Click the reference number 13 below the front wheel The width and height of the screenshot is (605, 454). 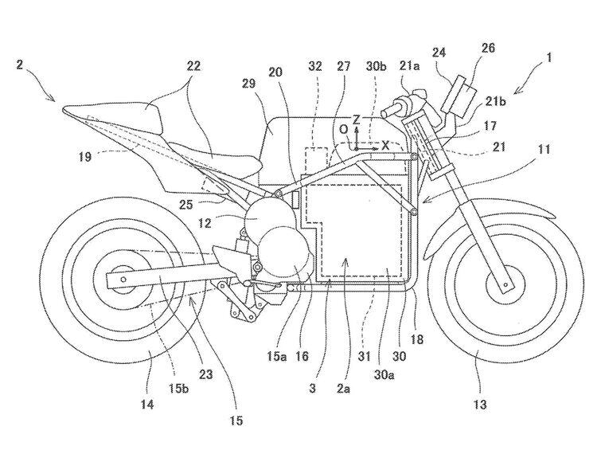479,405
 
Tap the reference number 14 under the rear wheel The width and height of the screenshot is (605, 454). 147,404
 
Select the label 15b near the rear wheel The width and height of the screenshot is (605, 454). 178,388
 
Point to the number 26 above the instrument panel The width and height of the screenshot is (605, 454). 488,49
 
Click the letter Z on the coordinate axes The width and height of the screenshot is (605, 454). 356,119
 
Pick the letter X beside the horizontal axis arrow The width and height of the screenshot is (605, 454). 385,145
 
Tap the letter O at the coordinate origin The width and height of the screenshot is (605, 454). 344,130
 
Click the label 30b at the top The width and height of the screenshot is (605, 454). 376,66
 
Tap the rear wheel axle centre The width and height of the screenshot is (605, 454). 123,279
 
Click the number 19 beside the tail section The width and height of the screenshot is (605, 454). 84,156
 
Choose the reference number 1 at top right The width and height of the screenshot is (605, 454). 548,58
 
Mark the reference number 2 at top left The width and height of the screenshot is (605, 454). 20,64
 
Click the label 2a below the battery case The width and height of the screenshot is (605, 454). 343,389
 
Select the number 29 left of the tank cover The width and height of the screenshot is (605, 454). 249,83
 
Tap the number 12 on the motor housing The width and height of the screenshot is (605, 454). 205,223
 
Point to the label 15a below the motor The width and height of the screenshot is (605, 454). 276,356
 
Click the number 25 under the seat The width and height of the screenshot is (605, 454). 185,204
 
